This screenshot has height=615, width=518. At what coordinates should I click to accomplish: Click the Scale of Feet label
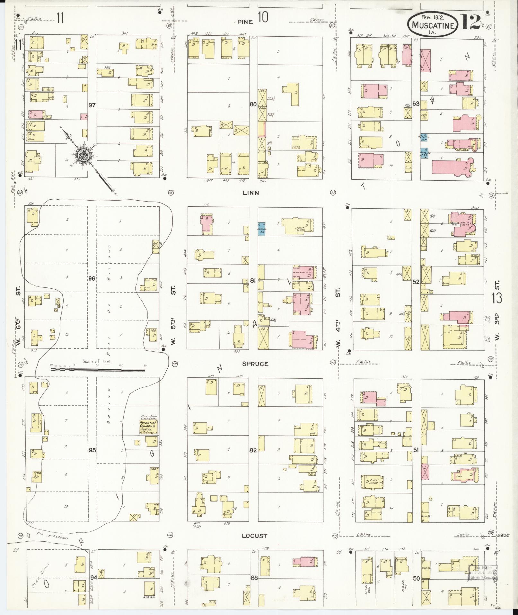click(x=97, y=361)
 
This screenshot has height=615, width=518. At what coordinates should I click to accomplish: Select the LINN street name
click(x=251, y=193)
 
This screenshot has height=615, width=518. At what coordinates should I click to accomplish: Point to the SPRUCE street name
click(x=255, y=364)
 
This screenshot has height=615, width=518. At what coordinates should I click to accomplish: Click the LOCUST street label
click(x=254, y=536)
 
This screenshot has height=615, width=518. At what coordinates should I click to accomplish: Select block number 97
click(x=92, y=105)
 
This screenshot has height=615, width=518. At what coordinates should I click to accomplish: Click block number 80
click(x=253, y=104)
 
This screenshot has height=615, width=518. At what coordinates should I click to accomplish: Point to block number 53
click(x=416, y=104)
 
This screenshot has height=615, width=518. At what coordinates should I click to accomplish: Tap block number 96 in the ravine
click(x=92, y=278)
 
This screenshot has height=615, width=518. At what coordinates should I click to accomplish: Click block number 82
click(x=253, y=450)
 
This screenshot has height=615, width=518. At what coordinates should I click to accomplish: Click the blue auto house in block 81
click(x=261, y=229)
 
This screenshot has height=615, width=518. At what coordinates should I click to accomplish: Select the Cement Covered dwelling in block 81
click(x=301, y=227)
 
